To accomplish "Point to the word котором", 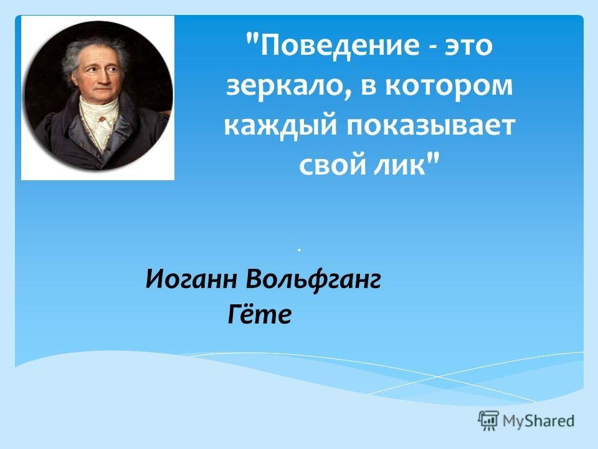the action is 449,86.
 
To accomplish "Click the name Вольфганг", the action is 313,281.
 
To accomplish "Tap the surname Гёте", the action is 259,315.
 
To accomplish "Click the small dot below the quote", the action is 300,250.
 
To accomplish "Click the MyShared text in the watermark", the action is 538,421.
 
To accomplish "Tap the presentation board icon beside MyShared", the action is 488,420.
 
